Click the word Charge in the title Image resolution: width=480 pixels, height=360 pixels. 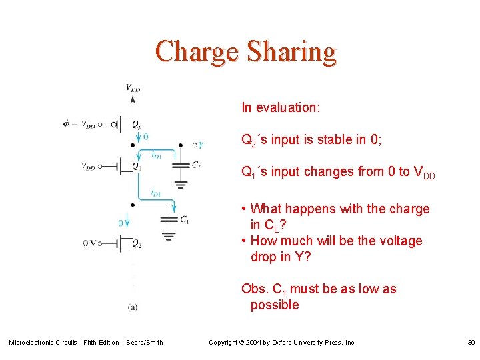click(197, 51)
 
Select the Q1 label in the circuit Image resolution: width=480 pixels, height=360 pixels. click(136, 166)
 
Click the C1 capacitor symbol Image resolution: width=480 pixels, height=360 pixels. click(169, 218)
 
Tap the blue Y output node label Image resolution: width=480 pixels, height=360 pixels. click(201, 145)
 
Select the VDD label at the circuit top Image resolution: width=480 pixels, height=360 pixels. click(133, 87)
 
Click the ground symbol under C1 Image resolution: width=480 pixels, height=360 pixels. click(169, 235)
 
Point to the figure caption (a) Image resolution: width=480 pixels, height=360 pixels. click(133, 306)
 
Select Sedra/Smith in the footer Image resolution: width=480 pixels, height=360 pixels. click(145, 342)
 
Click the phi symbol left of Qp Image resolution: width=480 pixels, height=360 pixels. click(65, 123)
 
